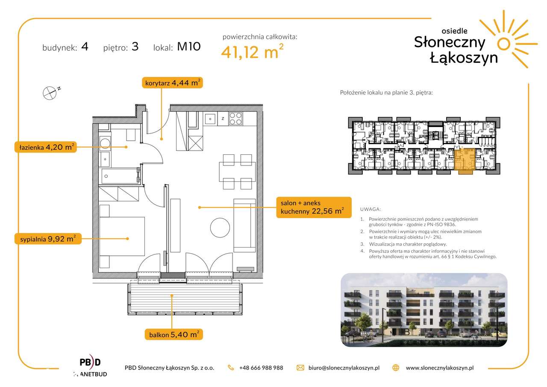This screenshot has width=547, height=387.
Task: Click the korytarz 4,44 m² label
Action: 172,83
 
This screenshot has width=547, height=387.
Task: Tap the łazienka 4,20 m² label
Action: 46,147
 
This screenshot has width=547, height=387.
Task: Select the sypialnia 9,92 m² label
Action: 48,239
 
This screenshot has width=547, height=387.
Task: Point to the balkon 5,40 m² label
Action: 174,334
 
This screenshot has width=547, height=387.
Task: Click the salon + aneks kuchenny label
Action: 314,207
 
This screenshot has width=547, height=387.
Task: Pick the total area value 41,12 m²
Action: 252,52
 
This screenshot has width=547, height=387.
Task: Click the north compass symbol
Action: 50,93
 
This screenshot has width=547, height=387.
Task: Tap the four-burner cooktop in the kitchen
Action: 235,118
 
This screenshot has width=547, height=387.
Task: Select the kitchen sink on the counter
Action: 210,119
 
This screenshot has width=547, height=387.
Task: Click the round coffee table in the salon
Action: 220,227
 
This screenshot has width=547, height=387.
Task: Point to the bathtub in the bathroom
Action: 120,176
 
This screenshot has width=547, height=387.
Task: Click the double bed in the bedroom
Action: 122,236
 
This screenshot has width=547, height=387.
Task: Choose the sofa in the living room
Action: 245,225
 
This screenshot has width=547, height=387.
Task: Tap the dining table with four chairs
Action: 237,172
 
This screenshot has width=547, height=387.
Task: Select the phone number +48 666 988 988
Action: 261,368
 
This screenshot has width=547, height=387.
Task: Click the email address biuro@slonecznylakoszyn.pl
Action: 344,368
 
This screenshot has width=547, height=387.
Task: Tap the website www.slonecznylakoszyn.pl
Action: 440,368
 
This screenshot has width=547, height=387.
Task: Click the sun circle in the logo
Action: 504,44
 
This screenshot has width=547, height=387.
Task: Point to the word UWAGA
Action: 370,209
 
